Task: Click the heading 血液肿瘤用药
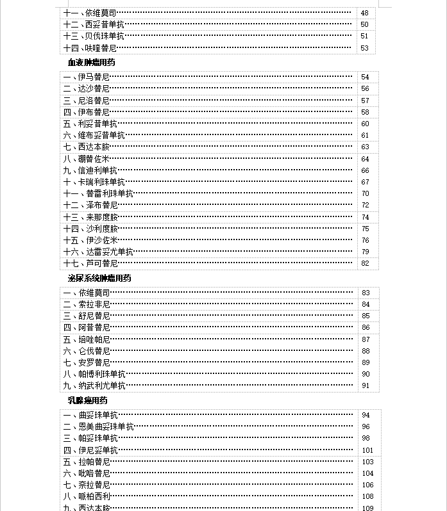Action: pyautogui.click(x=91, y=63)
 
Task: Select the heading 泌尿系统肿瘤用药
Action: pyautogui.click(x=99, y=279)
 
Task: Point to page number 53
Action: pyautogui.click(x=365, y=48)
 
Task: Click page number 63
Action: pyautogui.click(x=365, y=147)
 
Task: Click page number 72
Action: pyautogui.click(x=365, y=206)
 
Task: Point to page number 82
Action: pyautogui.click(x=365, y=264)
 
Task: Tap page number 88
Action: pyautogui.click(x=366, y=351)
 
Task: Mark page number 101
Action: pyautogui.click(x=367, y=450)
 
